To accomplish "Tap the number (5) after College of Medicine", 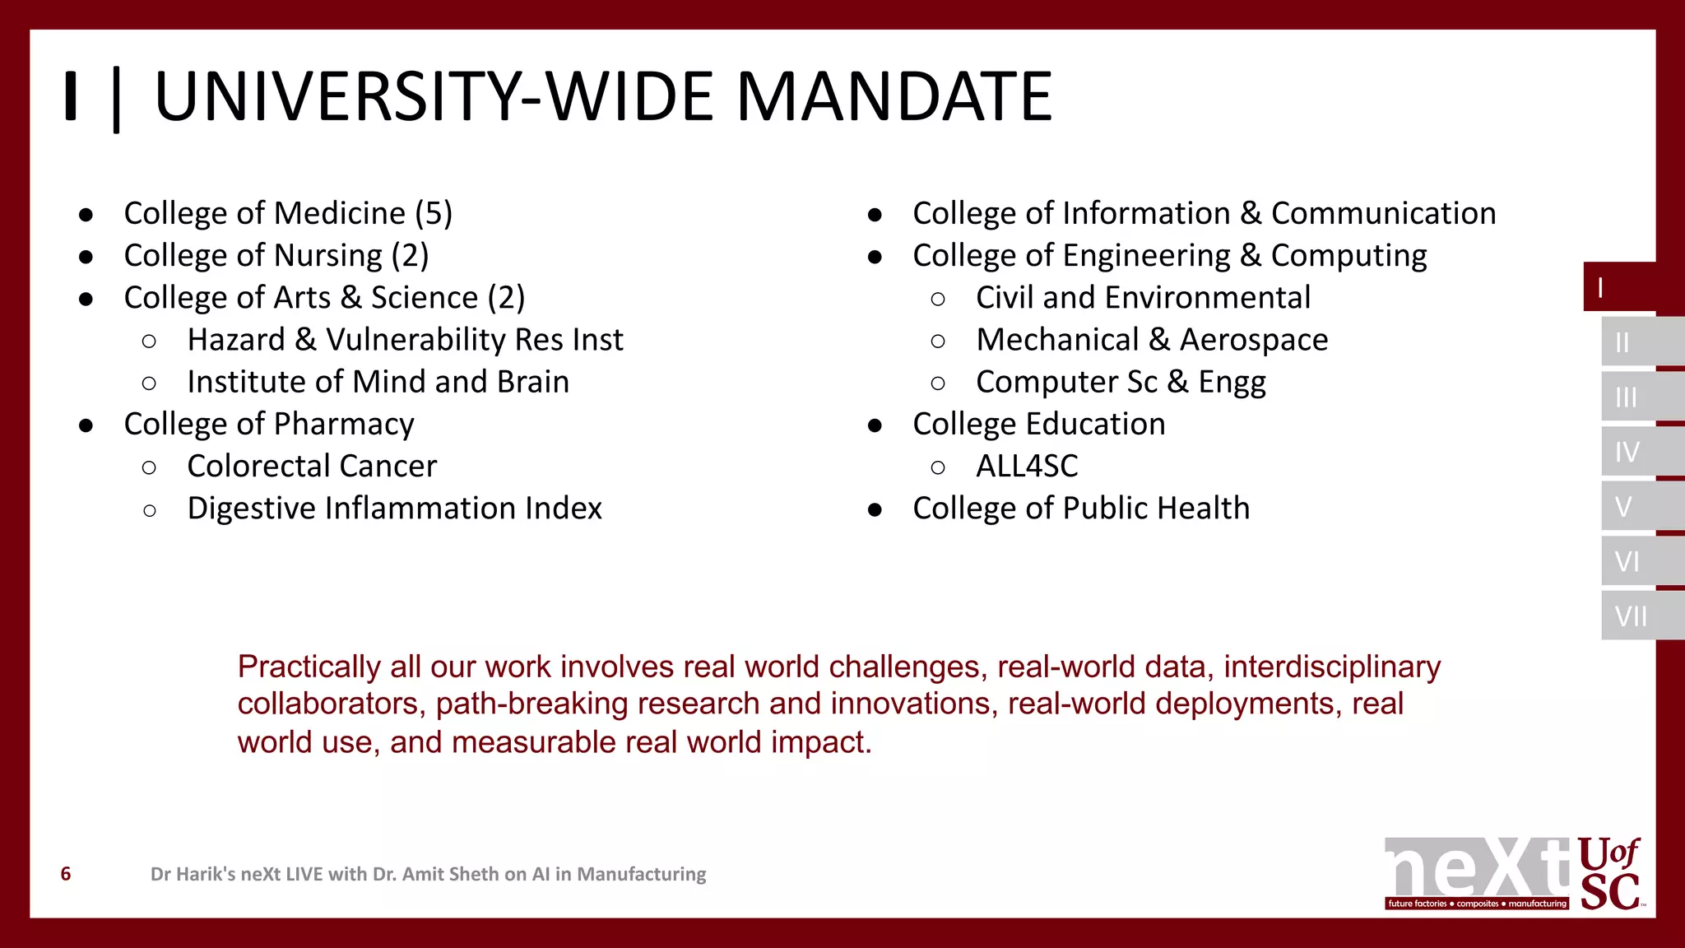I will (434, 213).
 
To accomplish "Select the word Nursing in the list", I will (328, 256).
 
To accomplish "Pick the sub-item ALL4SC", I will (1027, 467).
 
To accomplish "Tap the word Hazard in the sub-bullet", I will (235, 340).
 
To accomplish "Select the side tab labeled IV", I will (1627, 452).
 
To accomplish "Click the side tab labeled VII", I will (1631, 616).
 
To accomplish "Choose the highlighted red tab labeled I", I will (1618, 287).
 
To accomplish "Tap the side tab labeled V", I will (1624, 507).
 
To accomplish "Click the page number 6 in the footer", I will (66, 874).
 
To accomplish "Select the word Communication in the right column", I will (1383, 213).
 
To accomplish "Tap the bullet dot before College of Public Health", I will (875, 510).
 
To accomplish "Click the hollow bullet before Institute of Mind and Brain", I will (149, 383).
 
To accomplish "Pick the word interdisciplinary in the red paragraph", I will (1332, 667).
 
